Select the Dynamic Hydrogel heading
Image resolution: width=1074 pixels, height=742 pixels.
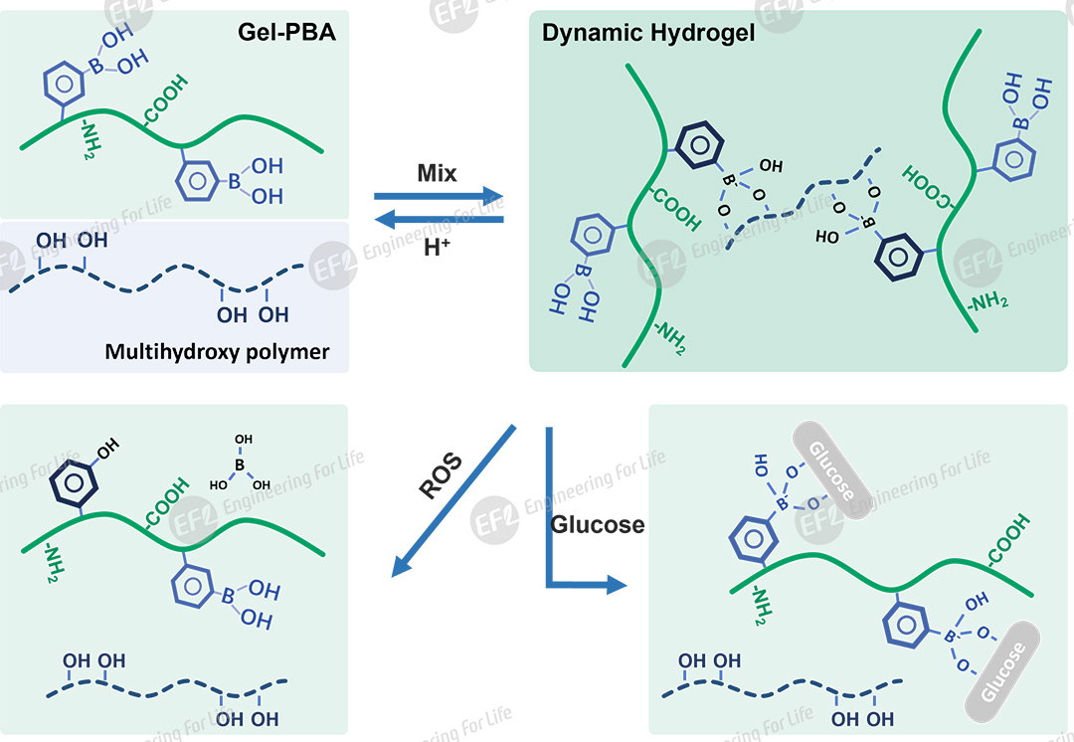648,33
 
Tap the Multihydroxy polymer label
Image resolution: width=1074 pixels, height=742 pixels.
217,351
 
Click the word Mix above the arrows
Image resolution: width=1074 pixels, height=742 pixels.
437,173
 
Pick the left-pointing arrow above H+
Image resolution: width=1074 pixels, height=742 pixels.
439,220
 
